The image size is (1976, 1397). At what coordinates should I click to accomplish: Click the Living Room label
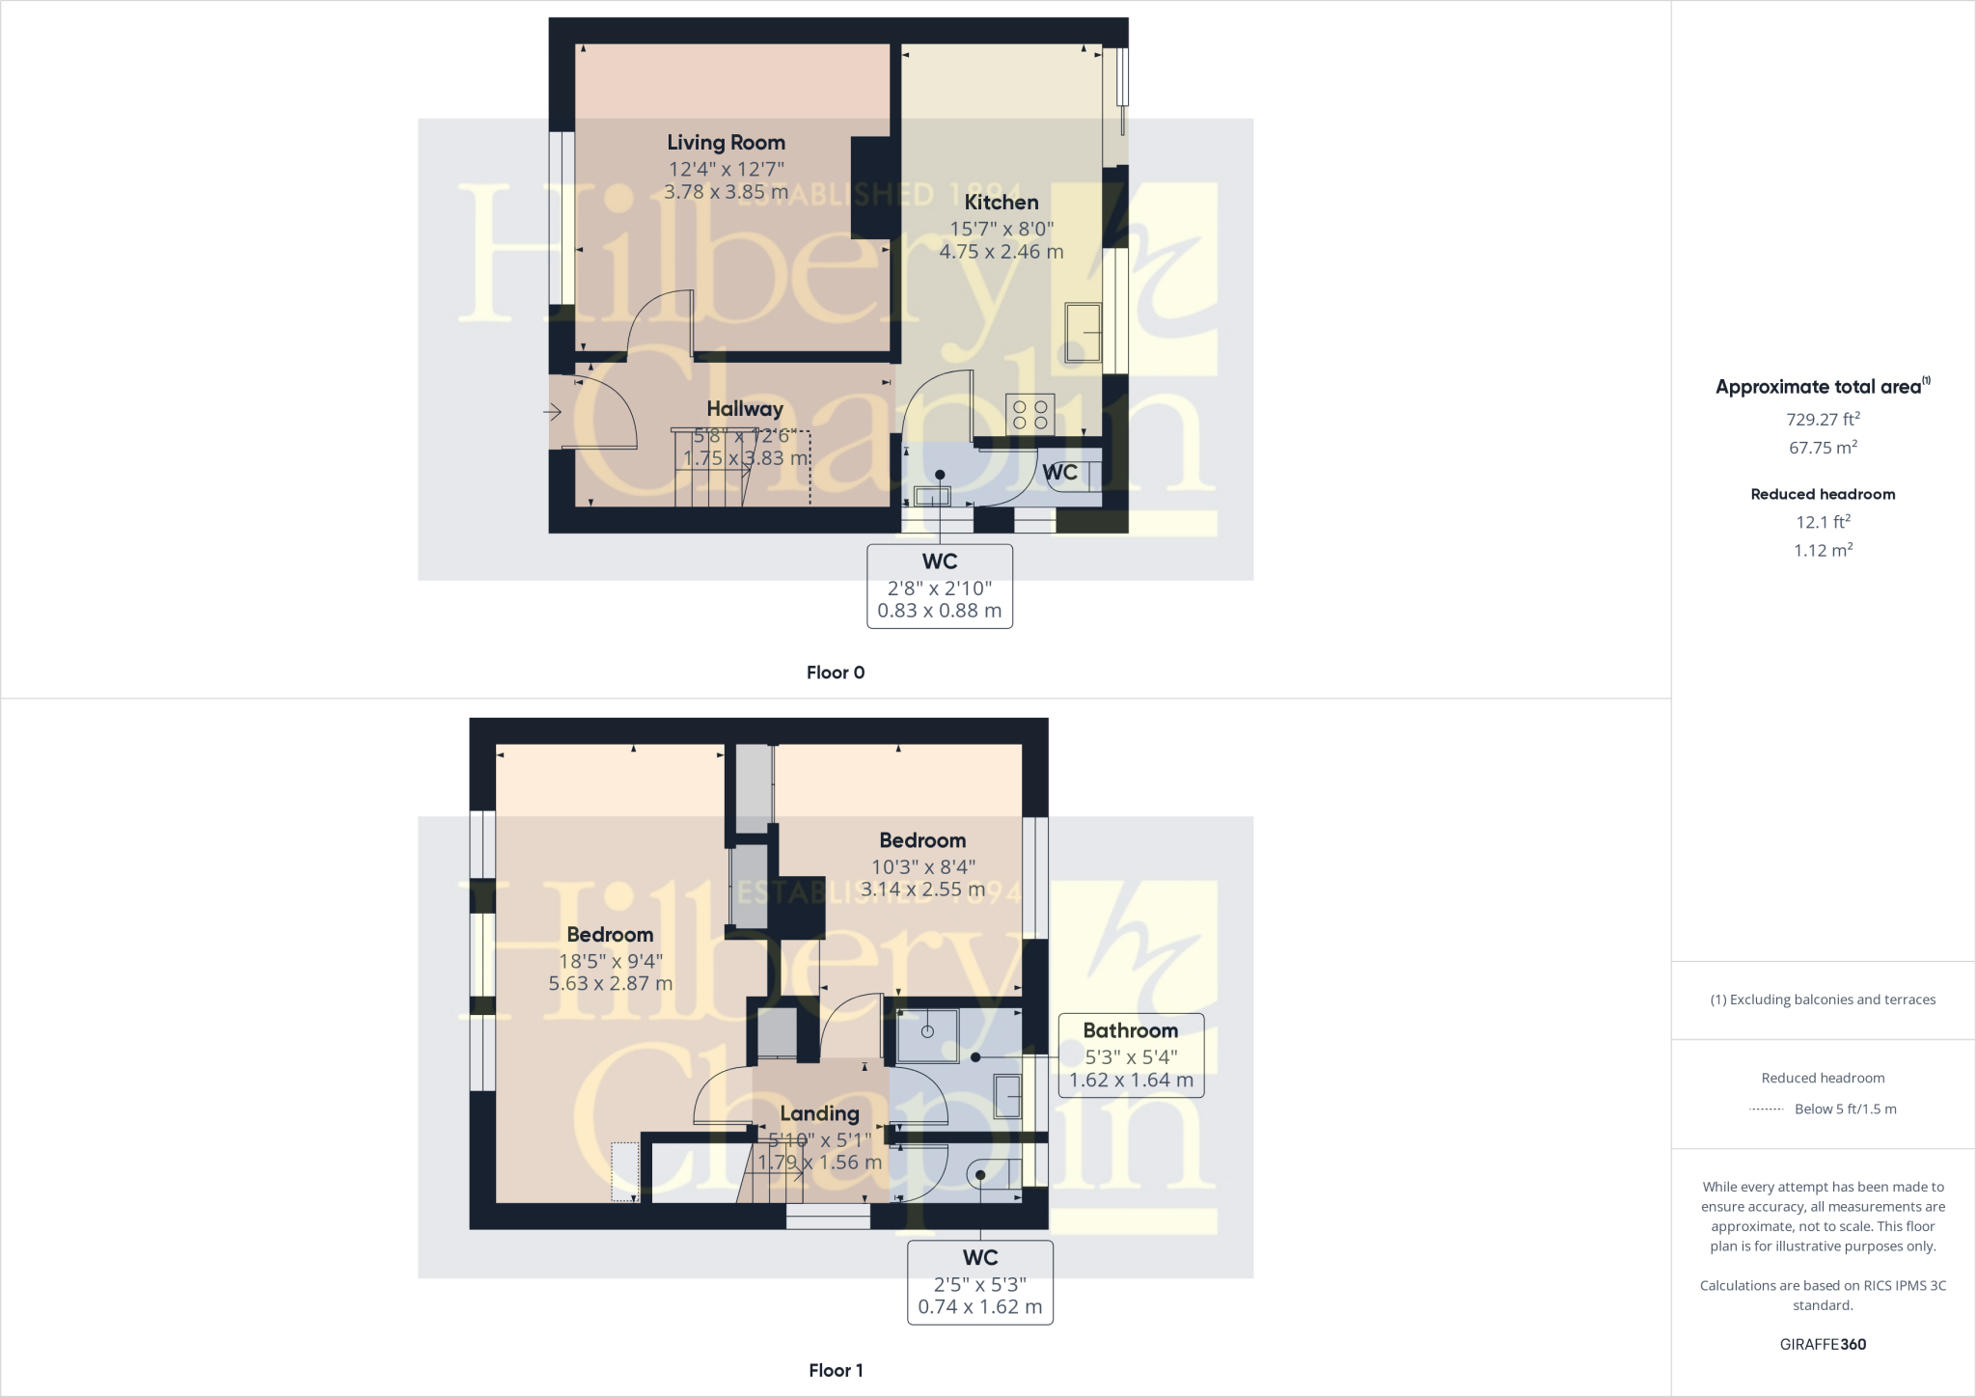coord(726,143)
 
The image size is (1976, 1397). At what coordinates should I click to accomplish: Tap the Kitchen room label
coord(1002,203)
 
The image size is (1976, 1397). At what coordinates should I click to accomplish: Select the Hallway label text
coord(744,409)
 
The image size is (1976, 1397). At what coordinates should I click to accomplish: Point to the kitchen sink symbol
coord(1083,333)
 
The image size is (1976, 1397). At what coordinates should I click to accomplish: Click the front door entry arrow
coord(552,413)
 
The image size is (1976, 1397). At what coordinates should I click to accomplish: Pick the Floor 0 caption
coord(836,672)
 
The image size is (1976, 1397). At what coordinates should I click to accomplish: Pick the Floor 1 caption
coord(836,1370)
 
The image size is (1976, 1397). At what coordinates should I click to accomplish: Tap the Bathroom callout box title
coord(1130,1030)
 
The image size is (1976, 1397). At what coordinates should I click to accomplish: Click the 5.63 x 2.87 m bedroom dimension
coord(610,984)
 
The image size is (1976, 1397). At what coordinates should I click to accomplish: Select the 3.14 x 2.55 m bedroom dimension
coord(922,890)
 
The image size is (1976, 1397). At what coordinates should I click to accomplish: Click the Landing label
coord(819,1113)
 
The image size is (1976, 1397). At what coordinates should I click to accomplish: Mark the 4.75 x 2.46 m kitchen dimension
coord(1002,252)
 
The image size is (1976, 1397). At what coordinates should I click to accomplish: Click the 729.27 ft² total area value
coord(1823,420)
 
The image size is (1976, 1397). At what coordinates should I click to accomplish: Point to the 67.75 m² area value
coord(1823,448)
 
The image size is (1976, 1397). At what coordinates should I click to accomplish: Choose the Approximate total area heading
coord(1819,387)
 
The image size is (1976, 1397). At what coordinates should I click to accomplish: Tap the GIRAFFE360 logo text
coord(1823,1344)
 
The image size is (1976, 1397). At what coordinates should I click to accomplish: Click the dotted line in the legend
coord(1766,1109)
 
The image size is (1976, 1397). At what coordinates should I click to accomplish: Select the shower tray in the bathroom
coord(927,1035)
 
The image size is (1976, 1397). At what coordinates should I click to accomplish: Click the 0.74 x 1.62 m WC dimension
coord(979,1307)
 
